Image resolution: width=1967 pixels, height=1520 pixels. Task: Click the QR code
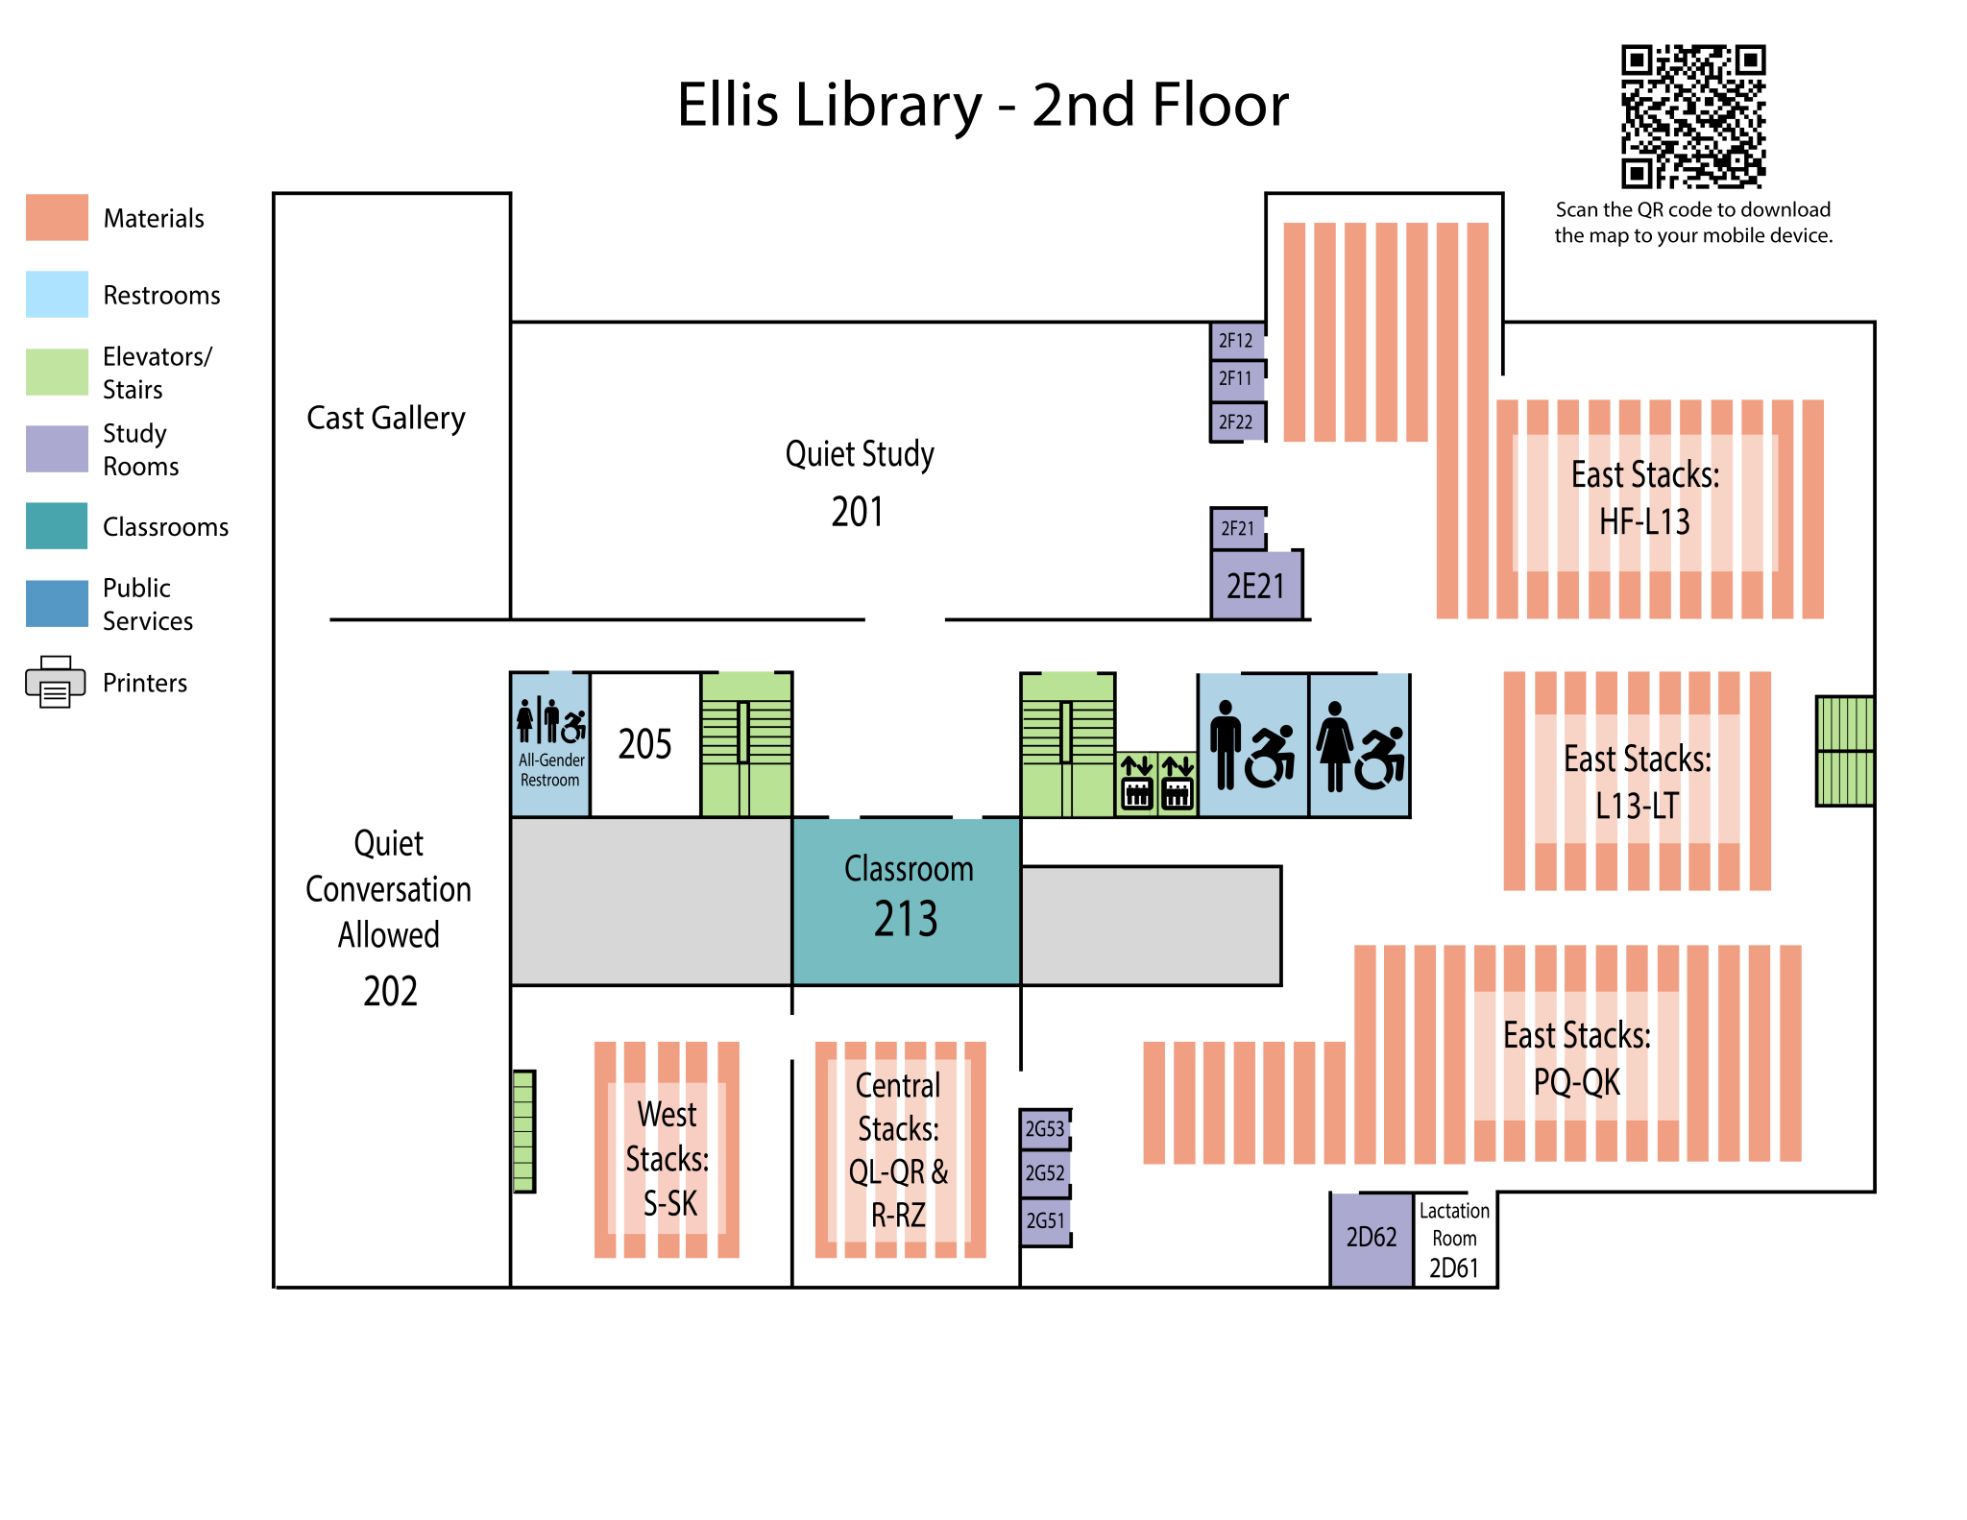(1693, 116)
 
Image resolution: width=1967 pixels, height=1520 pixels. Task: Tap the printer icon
(56, 682)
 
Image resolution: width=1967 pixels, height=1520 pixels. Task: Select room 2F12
(1237, 341)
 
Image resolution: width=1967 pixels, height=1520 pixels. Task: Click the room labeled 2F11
(1237, 379)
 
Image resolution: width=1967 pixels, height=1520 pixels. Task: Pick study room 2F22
(1237, 422)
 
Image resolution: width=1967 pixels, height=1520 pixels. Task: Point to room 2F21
(1238, 529)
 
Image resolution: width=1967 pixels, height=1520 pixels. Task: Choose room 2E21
(1256, 586)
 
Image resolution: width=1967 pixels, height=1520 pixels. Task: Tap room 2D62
(1372, 1239)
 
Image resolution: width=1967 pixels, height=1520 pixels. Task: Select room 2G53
(1045, 1129)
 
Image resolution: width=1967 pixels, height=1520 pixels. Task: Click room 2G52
(1045, 1173)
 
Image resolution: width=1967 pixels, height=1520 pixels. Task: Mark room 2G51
(1045, 1221)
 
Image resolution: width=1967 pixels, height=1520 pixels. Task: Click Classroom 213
(907, 901)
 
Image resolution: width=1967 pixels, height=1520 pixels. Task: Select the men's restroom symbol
(1252, 745)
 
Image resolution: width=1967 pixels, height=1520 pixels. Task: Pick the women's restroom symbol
(1359, 745)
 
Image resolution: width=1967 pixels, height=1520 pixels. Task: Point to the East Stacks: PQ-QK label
(1576, 1058)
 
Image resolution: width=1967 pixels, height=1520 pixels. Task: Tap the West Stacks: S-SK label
(668, 1159)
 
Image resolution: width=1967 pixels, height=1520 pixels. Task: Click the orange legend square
(58, 217)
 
